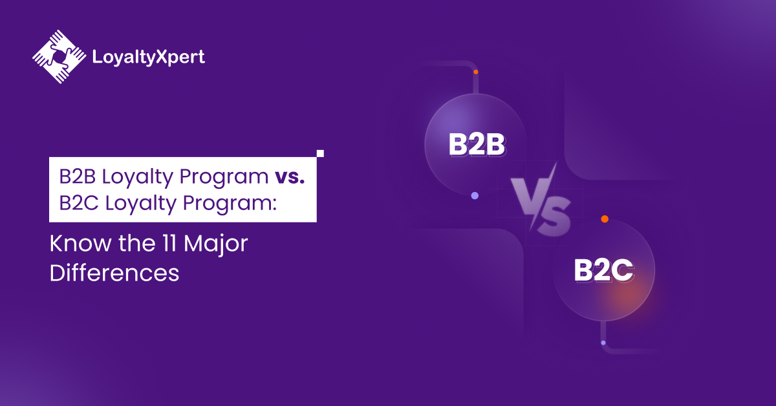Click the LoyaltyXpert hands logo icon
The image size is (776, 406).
59,56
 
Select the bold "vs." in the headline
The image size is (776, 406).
288,176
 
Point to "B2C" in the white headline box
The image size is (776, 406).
76,203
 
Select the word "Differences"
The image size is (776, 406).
114,272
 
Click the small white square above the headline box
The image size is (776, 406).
319,154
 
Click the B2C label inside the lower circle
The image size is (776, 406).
603,271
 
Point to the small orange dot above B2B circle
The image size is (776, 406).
475,72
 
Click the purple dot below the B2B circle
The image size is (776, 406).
475,195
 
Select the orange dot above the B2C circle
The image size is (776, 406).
604,219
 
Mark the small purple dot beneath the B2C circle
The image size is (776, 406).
603,343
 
